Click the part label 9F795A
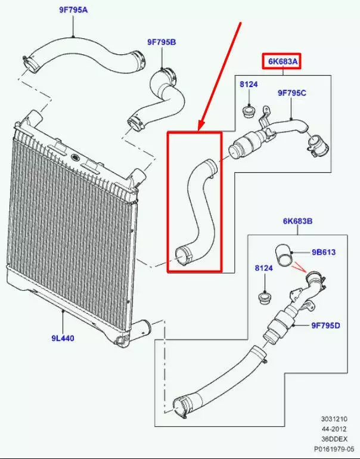click(73, 10)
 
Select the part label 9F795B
click(162, 42)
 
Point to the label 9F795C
click(292, 93)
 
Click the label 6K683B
click(297, 221)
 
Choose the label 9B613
click(324, 252)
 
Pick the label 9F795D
click(326, 325)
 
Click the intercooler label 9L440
click(63, 339)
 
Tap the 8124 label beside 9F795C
click(249, 84)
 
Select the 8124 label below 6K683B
click(263, 268)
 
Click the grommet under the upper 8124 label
click(249, 112)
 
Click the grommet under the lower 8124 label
click(265, 298)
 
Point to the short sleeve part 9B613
click(284, 255)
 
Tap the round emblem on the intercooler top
click(75, 158)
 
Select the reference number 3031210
click(334, 419)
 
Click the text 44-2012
click(334, 429)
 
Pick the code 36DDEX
click(334, 439)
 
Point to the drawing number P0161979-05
click(334, 449)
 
